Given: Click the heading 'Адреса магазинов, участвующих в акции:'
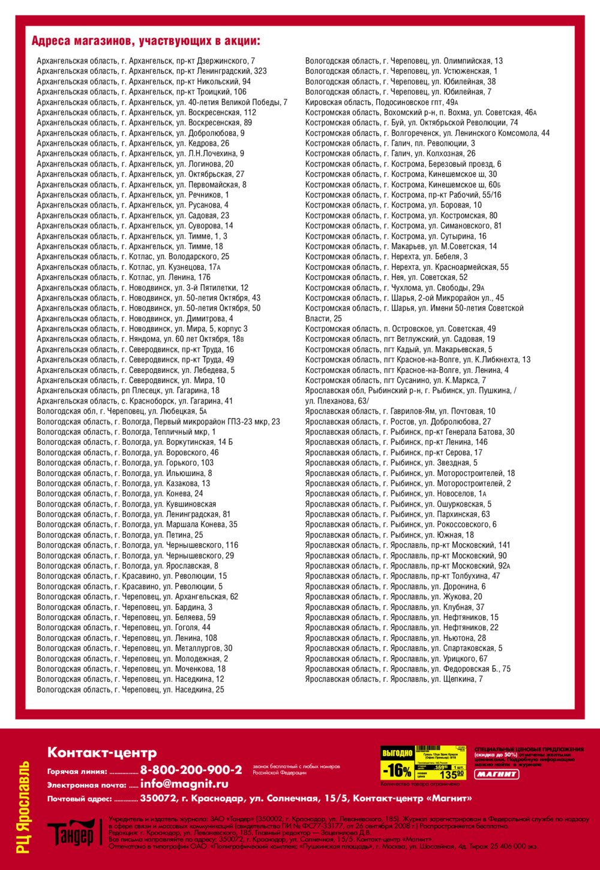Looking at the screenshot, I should [x=146, y=41].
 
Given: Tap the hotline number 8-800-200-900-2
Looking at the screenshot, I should [x=191, y=770].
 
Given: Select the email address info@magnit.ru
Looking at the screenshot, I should [x=184, y=784].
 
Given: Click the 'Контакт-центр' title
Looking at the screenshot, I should [x=102, y=752].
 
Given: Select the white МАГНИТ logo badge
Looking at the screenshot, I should [x=497, y=774].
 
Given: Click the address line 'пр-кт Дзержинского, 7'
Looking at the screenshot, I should [x=146, y=61].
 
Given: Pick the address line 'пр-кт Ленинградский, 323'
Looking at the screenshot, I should [x=152, y=71].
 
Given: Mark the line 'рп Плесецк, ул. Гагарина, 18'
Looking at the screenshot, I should [x=128, y=390].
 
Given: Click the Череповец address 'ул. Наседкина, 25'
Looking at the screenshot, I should [x=130, y=690].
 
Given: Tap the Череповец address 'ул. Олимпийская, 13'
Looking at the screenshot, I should [x=404, y=61].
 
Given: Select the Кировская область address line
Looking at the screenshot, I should [x=382, y=103].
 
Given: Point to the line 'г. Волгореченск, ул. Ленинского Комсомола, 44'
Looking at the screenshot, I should [x=427, y=133].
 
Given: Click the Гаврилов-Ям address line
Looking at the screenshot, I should [x=400, y=411].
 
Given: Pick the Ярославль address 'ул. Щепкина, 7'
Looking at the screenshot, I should [x=394, y=679].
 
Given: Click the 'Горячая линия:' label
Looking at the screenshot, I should [x=77, y=772].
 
